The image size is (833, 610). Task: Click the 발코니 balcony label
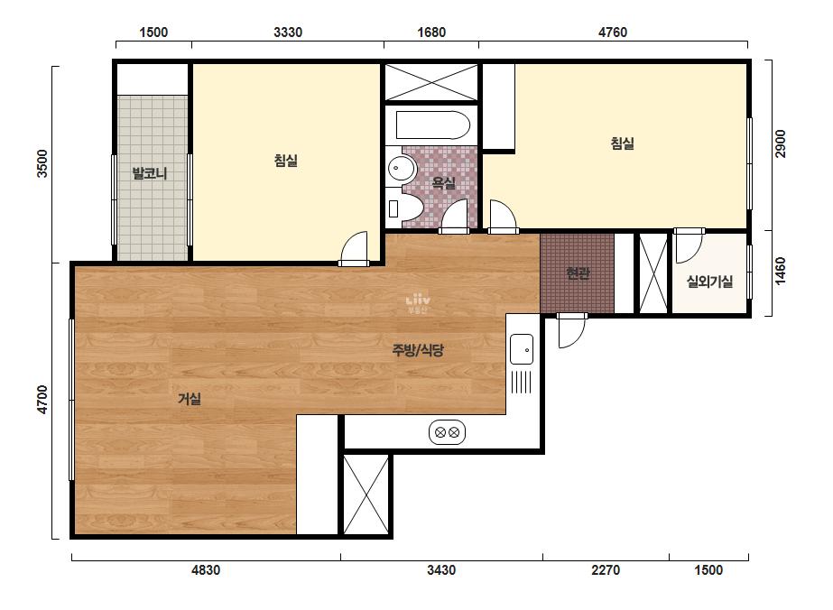149,173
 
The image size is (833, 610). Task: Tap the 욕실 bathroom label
444,183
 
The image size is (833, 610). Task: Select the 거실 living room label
190,399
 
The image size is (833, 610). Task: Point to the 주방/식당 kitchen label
418,349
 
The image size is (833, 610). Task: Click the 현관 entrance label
578,273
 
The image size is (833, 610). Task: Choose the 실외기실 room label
709,282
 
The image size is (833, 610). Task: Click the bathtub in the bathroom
433,125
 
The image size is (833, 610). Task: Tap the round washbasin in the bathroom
398,169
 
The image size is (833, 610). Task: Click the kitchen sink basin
522,349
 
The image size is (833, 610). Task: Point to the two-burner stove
447,432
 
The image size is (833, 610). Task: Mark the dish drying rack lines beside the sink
521,382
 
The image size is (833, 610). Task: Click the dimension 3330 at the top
288,32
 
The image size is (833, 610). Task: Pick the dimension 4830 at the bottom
206,570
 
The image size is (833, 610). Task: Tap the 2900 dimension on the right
780,143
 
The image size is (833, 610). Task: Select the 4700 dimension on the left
42,400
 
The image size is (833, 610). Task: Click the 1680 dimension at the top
431,32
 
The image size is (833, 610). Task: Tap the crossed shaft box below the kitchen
366,494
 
